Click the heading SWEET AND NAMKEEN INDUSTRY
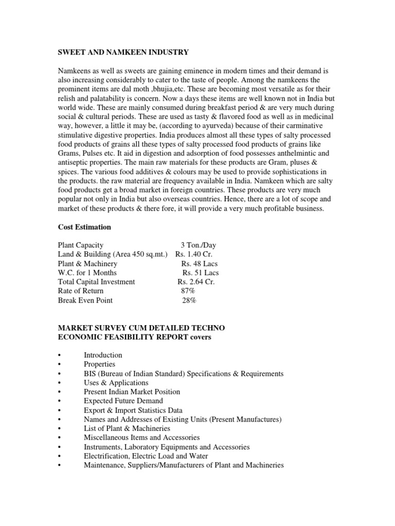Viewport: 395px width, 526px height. pyautogui.click(x=123, y=52)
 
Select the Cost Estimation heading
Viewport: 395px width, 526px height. pyautogui.click(x=84, y=227)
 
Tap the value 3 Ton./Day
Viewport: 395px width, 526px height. pyautogui.click(x=198, y=245)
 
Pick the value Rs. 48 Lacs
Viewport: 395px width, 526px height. pyautogui.click(x=199, y=264)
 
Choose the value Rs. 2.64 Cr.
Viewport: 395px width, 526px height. pyautogui.click(x=196, y=282)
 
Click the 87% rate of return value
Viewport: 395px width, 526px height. pyautogui.click(x=188, y=291)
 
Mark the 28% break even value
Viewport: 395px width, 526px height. pyautogui.click(x=189, y=300)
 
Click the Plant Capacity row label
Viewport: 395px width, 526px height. pyautogui.click(x=81, y=245)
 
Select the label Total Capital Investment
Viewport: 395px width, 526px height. pyautogui.click(x=97, y=282)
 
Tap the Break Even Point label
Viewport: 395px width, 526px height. pyautogui.click(x=85, y=300)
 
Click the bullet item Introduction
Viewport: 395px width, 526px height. pyautogui.click(x=103, y=355)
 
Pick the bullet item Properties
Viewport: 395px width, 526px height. pyautogui.click(x=99, y=364)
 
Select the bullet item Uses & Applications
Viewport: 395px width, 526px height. pyautogui.click(x=116, y=383)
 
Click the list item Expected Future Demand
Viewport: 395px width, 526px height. pyautogui.click(x=123, y=401)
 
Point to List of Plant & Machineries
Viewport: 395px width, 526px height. pyautogui.click(x=127, y=428)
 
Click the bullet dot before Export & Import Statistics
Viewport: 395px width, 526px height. pyautogui.click(x=60, y=410)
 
